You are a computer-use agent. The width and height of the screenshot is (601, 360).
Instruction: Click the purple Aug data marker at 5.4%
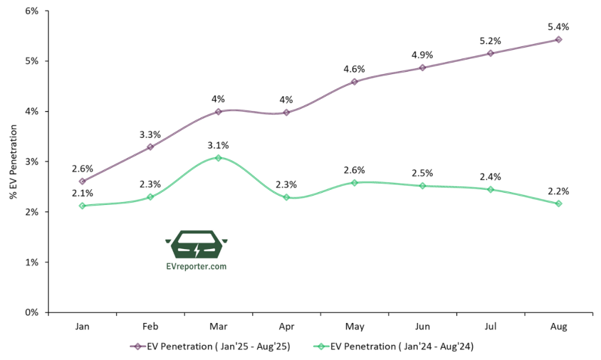(x=558, y=39)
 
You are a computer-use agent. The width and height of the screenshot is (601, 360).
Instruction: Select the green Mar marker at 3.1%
(x=218, y=158)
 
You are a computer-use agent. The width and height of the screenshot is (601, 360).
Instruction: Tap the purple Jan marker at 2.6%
(x=82, y=181)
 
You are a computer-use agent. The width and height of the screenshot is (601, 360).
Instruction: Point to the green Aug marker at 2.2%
(x=558, y=203)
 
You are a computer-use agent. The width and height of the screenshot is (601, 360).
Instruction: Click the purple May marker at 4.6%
(x=354, y=82)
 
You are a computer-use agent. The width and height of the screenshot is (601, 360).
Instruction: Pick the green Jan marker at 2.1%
(x=82, y=206)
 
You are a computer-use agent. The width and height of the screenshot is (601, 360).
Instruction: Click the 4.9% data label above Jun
(x=422, y=55)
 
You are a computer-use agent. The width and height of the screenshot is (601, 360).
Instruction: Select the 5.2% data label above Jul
(x=490, y=41)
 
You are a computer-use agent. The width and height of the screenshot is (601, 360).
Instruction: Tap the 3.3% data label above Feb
(x=150, y=134)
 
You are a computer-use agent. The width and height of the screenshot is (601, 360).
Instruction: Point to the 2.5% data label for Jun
(x=422, y=173)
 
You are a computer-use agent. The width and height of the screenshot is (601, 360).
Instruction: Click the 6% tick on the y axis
(x=31, y=11)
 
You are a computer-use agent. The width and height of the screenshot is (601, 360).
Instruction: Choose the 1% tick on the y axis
(x=31, y=262)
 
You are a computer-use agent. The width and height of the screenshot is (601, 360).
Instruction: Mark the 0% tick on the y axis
(x=31, y=312)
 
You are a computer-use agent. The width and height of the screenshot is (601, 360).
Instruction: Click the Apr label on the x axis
(x=286, y=327)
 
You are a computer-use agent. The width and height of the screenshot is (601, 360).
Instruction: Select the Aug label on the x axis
(x=558, y=327)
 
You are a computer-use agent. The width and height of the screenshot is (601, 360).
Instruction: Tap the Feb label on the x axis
(x=150, y=327)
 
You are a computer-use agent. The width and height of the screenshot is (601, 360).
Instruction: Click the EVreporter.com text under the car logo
(x=197, y=266)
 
